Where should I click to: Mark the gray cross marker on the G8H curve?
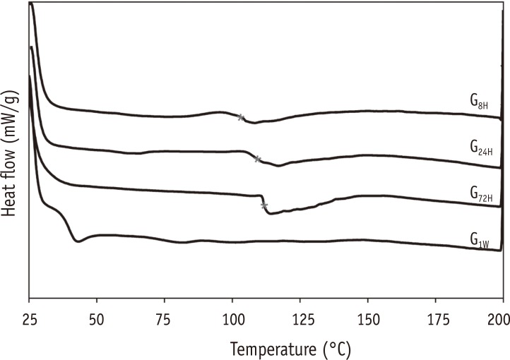[241, 118]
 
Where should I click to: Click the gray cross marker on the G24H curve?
[258, 160]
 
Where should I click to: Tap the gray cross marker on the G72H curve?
[264, 205]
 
